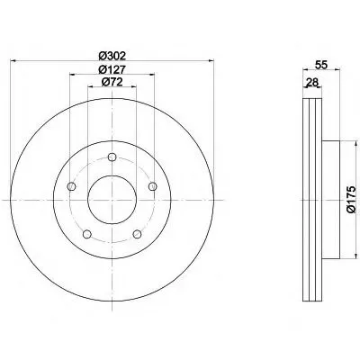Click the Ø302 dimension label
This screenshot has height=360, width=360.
[x=112, y=56]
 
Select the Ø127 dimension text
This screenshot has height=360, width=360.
[x=112, y=69]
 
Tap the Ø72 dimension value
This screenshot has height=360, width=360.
[x=112, y=82]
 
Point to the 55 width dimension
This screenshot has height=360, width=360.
[x=320, y=65]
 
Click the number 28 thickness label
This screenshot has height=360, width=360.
[x=312, y=82]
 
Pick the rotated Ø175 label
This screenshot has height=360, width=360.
[x=351, y=200]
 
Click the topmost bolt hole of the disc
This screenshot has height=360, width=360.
[x=112, y=157]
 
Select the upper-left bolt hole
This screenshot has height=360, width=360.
[x=71, y=186]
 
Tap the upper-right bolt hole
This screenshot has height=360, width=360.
[x=153, y=186]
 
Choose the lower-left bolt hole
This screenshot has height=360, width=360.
[x=87, y=234]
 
